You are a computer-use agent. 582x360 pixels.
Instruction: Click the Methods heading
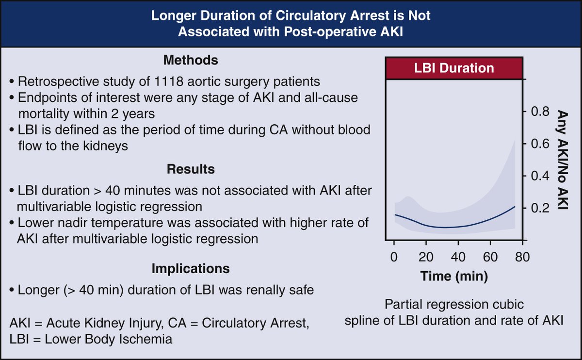point(190,61)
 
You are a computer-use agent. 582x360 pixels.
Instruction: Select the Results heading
point(190,169)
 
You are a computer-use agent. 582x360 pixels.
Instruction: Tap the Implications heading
point(190,268)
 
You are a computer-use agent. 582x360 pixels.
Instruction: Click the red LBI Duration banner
point(455,67)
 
